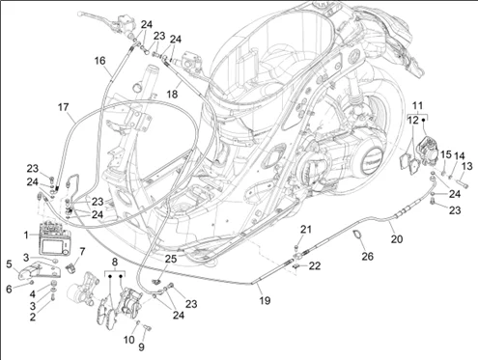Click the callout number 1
pos(26,235)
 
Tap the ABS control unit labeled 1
pos(54,238)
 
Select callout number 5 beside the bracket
pos(9,264)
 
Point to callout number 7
pos(82,251)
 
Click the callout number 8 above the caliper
pos(115,262)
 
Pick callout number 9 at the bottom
pos(141,346)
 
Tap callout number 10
pos(129,340)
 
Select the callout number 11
pos(417,105)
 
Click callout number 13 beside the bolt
pos(466,166)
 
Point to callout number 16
pos(99,61)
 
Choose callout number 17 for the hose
pos(63,107)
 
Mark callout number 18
pos(172,94)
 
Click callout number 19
pos(265,300)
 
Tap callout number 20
pos(397,239)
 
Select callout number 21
pos(306,230)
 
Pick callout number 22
pos(315,265)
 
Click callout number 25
pos(171,259)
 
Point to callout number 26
pos(367,257)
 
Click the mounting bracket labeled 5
pos(40,270)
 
